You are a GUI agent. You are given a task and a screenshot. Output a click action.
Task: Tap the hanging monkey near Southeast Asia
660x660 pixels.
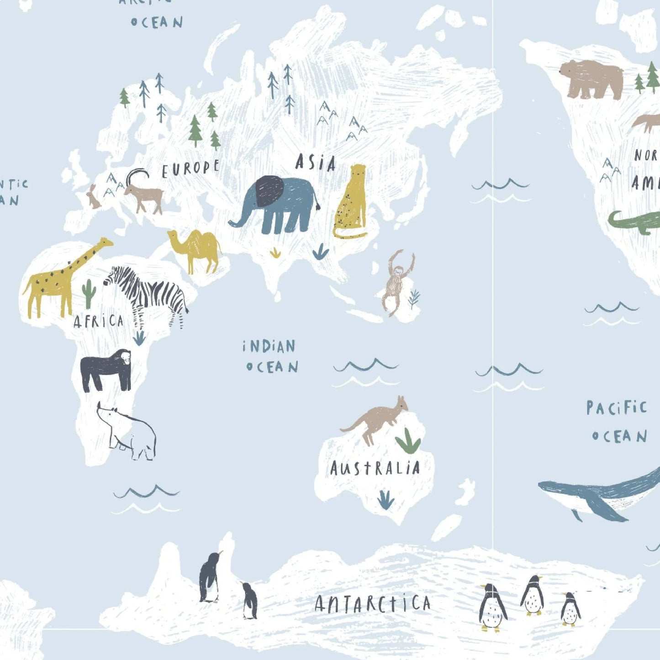click(x=396, y=281)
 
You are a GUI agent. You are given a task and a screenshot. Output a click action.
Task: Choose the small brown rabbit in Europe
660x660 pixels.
click(x=93, y=198)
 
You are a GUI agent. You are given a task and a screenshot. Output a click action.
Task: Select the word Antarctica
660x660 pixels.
click(x=372, y=604)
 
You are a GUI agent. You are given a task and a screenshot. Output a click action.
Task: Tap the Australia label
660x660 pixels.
click(x=375, y=468)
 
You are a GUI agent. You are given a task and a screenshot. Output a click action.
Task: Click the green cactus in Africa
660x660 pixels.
click(x=88, y=294)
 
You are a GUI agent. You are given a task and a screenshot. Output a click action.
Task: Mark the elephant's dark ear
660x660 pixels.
click(x=269, y=190)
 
